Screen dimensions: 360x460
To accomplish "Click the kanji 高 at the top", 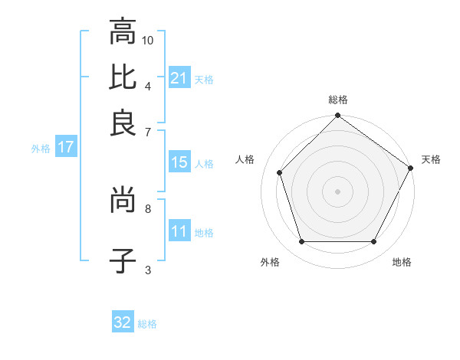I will click(x=123, y=32).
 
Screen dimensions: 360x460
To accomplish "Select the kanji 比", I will click(x=123, y=77).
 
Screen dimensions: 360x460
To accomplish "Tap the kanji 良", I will click(x=123, y=123).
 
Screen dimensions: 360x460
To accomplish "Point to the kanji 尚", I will click(x=123, y=201).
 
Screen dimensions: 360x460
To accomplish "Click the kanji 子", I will click(x=123, y=261).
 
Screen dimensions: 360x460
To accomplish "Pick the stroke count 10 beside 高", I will click(x=148, y=39).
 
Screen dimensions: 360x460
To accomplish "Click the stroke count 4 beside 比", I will click(x=148, y=85).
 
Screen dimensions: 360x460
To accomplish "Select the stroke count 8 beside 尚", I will click(x=148, y=208).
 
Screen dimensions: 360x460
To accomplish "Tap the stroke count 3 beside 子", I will click(x=148, y=269).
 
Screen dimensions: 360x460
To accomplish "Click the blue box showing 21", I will click(x=179, y=78).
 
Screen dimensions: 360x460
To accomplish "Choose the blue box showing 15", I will click(x=179, y=162).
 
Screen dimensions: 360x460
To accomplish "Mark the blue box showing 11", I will click(x=179, y=231).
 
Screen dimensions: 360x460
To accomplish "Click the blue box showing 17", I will click(x=65, y=147).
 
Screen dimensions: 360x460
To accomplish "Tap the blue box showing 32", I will click(x=123, y=322).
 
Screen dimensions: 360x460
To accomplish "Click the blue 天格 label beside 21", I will click(x=204, y=79).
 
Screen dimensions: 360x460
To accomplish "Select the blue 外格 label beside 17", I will click(x=41, y=148).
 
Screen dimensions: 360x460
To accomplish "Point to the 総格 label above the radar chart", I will click(x=338, y=100).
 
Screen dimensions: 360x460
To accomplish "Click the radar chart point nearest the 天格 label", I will click(x=411, y=168).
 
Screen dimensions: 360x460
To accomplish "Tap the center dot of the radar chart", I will click(x=338, y=191).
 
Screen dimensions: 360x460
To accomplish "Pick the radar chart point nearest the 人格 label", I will click(x=280, y=173).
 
